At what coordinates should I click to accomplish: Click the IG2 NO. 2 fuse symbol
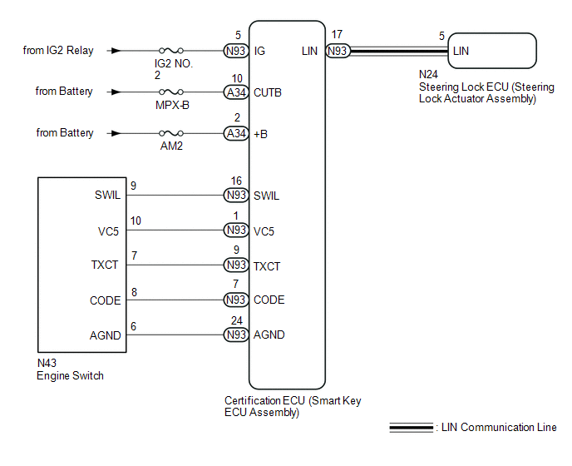[x=171, y=51]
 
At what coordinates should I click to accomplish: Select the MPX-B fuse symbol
[x=171, y=92]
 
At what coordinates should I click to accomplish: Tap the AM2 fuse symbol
[x=171, y=133]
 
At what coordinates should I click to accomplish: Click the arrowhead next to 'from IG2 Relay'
[x=116, y=51]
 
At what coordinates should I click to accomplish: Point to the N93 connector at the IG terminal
[x=236, y=51]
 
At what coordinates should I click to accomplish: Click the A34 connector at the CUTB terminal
[x=236, y=92]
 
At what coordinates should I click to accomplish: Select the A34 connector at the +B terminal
[x=236, y=133]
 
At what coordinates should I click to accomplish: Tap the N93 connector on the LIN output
[x=338, y=51]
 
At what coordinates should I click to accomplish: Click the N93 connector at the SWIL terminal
[x=236, y=195]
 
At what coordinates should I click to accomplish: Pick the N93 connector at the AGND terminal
[x=236, y=335]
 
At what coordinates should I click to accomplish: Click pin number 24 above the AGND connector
[x=237, y=320]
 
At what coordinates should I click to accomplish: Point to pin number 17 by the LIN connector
[x=337, y=34]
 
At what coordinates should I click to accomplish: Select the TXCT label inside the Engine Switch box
[x=105, y=265]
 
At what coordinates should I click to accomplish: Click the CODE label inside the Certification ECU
[x=269, y=300]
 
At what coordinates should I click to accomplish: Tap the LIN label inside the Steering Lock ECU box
[x=461, y=51]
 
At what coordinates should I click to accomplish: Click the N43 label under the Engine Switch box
[x=47, y=363]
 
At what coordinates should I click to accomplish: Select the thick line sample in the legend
[x=411, y=427]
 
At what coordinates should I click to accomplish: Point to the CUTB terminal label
[x=268, y=92]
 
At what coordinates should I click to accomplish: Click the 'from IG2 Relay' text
[x=58, y=51]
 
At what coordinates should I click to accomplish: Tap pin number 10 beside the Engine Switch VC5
[x=136, y=221]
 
